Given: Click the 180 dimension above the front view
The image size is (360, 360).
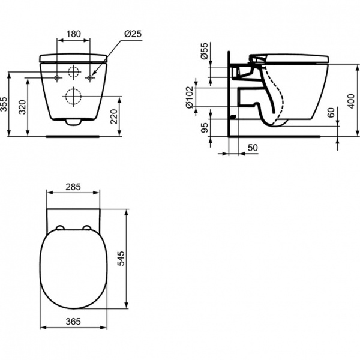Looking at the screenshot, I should click(x=73, y=34).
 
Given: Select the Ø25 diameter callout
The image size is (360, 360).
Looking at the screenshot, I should click(x=134, y=34).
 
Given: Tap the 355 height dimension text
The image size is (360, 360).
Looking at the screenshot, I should click(x=5, y=104).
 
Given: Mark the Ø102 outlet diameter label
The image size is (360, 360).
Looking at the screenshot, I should click(x=190, y=97).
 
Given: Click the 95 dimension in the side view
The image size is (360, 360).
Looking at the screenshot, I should click(x=205, y=128).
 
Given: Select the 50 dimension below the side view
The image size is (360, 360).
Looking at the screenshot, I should click(x=253, y=148).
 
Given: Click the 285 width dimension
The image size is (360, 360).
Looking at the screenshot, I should click(x=73, y=187).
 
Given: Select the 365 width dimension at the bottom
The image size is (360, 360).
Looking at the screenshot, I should click(x=73, y=322).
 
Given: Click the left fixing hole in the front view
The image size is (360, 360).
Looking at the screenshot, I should click(x=56, y=78).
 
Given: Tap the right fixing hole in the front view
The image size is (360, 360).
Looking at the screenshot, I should click(x=90, y=78).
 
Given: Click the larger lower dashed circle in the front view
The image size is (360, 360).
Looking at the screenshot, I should click(x=73, y=96).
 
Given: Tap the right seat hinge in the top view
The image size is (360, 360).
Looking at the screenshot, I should click(x=86, y=227).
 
